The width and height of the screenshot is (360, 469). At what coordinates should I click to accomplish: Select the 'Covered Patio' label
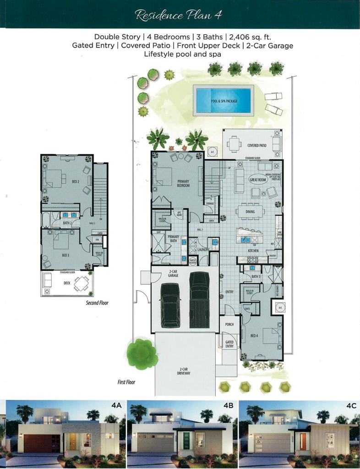[x=257, y=146]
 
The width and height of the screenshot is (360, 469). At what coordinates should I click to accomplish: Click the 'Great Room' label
[x=257, y=180]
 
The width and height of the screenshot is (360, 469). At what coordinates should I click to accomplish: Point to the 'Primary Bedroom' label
[x=183, y=184]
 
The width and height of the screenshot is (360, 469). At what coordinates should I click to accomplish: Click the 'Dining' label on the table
[x=250, y=212]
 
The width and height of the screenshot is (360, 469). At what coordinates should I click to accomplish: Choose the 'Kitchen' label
[x=253, y=251]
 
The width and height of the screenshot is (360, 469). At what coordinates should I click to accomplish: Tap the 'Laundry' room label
[x=203, y=250]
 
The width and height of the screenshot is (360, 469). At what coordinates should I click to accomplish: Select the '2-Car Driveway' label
[x=184, y=371]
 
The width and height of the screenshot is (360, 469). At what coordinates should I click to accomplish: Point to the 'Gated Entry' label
[x=229, y=344]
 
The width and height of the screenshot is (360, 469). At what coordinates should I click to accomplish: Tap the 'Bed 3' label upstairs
[x=65, y=255]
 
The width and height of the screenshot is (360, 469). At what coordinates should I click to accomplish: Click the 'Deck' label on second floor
[x=67, y=283]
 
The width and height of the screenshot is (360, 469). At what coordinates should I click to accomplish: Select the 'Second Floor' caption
[x=97, y=303]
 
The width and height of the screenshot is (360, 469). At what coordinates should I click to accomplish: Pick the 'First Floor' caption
[x=126, y=382]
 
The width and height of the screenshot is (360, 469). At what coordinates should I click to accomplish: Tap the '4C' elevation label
[x=350, y=405]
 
